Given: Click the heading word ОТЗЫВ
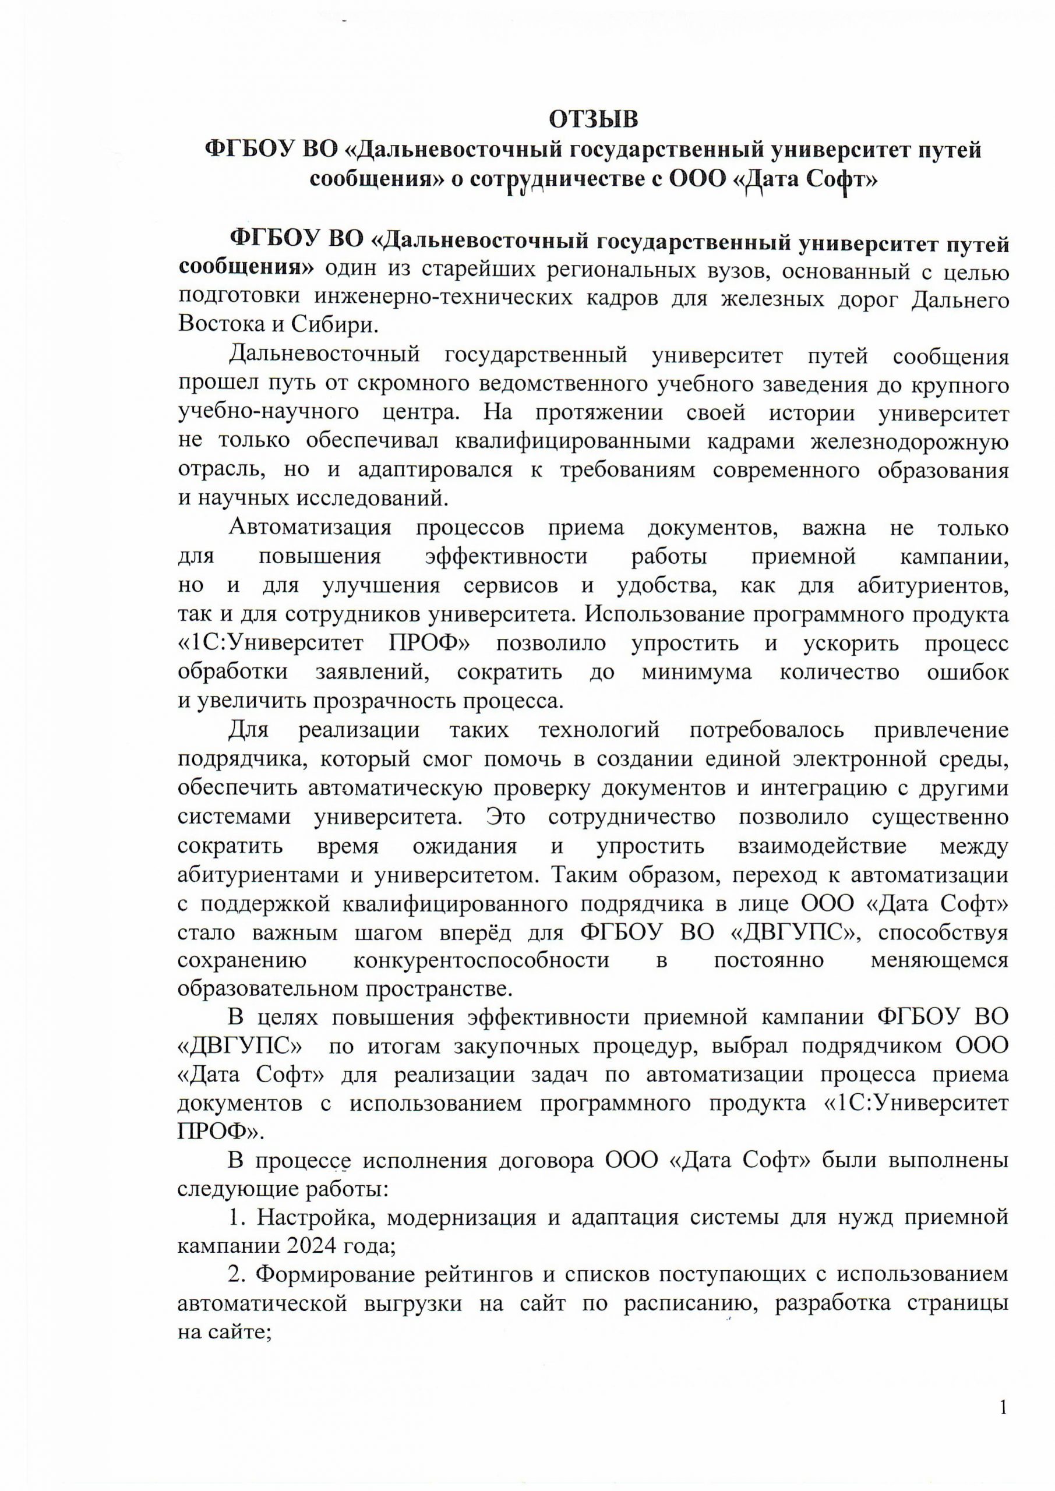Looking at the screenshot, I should (x=594, y=119).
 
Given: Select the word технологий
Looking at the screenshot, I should (x=599, y=730).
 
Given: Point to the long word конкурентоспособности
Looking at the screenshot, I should (x=481, y=960).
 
